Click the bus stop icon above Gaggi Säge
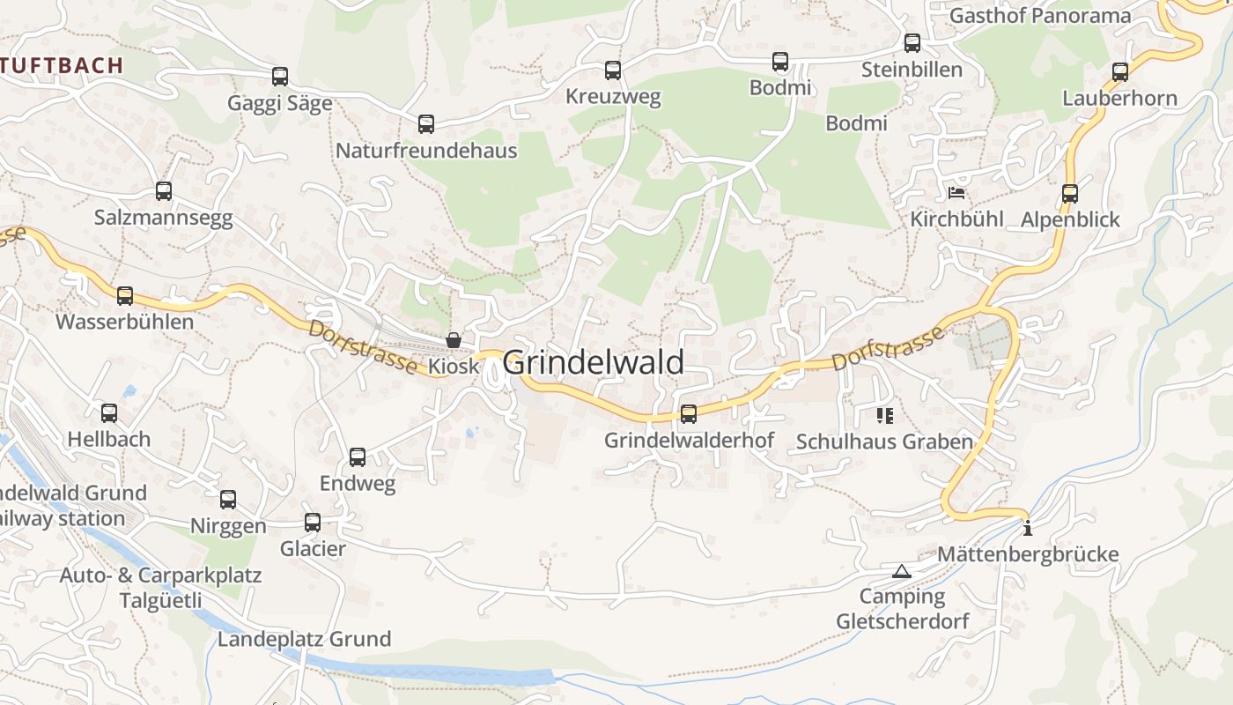[280, 77]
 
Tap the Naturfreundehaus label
[426, 151]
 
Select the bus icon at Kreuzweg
[613, 70]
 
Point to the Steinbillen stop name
[912, 70]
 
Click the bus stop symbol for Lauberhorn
[1120, 72]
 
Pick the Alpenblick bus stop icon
[1070, 194]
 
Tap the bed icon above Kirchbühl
[956, 193]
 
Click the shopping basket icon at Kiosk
[454, 340]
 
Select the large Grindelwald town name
[593, 362]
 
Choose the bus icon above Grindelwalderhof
[689, 413]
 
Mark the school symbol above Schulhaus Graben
[885, 415]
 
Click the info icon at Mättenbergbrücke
[1027, 529]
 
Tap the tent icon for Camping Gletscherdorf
[900, 571]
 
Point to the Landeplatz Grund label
[304, 639]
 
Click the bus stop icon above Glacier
[313, 523]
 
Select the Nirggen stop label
[228, 526]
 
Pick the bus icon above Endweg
[358, 457]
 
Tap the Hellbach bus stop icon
[109, 412]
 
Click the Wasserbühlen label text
[124, 322]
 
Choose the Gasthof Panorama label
[1039, 15]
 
